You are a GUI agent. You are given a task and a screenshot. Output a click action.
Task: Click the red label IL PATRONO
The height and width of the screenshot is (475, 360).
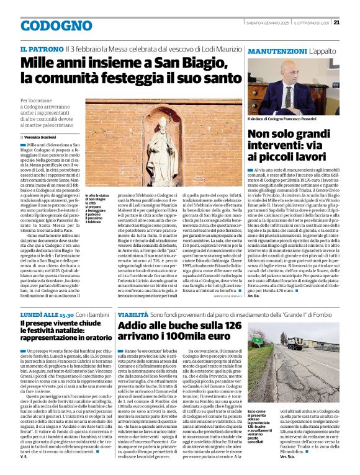[x=41, y=48]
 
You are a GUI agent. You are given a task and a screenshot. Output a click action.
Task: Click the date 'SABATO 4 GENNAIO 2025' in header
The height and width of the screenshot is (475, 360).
[x=268, y=23]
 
